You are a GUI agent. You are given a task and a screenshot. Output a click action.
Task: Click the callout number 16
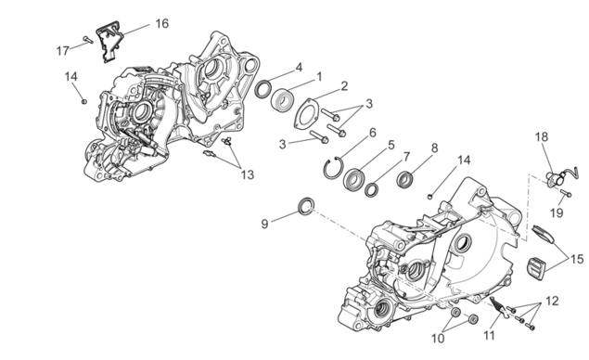point(162,24)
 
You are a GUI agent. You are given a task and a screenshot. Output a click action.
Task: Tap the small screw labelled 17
point(87,40)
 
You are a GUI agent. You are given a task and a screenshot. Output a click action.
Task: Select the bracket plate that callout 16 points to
point(109,43)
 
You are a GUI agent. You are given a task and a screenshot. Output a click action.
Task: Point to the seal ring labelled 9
point(306,206)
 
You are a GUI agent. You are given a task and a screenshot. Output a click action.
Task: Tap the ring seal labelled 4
point(262,89)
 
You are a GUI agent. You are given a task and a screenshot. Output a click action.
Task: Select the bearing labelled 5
point(353,178)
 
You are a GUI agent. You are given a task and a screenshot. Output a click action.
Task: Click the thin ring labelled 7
point(372,189)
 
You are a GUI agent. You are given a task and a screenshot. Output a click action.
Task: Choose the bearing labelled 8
point(405,179)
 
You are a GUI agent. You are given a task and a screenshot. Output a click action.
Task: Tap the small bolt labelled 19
point(567,194)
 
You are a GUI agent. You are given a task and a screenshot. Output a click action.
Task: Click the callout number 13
point(248,174)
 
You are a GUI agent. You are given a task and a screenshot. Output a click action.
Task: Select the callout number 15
point(577,259)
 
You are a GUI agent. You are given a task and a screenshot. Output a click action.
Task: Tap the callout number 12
point(552,301)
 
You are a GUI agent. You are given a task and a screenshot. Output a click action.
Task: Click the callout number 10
point(438,339)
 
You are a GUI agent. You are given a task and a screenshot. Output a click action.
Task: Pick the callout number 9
point(265,224)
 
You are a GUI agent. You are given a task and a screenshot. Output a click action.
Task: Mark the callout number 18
point(542,137)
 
